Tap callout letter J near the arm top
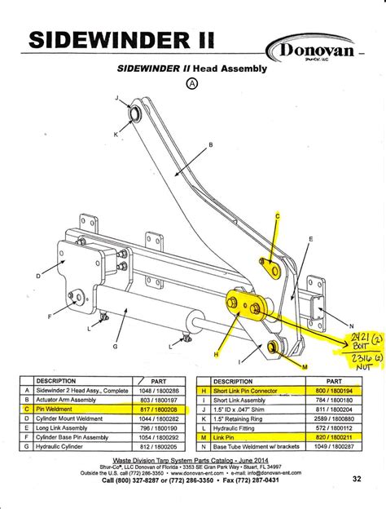point(116,98)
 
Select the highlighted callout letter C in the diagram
point(276,215)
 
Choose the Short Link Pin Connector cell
point(253,391)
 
